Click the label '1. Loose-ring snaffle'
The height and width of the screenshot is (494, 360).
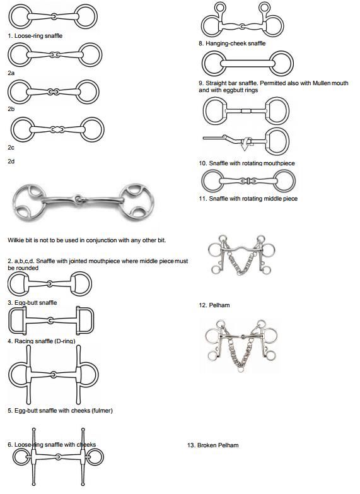[35, 36]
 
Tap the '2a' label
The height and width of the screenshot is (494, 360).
[11, 73]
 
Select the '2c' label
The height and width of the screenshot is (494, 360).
[11, 147]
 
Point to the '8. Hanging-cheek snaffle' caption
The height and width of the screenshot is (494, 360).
[232, 44]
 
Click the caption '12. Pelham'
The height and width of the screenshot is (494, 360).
[214, 305]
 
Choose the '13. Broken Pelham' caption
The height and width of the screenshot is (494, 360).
[213, 445]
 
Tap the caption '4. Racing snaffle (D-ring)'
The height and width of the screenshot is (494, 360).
[42, 341]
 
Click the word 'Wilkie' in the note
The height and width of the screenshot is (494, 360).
[15, 240]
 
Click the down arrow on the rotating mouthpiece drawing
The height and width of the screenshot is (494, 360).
[245, 146]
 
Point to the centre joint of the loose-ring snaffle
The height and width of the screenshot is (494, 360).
[54, 16]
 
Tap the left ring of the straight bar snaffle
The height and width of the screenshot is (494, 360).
[213, 63]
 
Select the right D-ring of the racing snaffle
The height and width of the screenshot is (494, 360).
[84, 321]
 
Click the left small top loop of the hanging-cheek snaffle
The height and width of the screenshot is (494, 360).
[221, 8]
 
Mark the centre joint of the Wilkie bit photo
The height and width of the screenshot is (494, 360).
[78, 199]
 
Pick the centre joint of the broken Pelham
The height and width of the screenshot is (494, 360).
[243, 337]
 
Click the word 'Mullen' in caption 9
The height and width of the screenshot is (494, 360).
[322, 83]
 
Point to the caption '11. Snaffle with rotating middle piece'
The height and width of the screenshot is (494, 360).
[248, 199]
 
